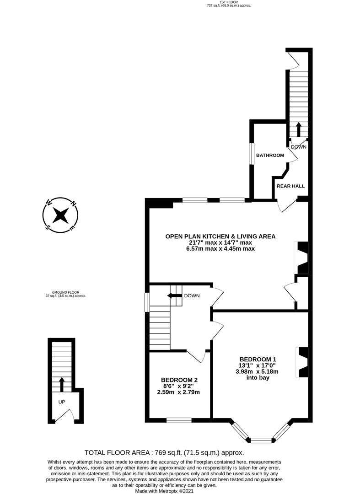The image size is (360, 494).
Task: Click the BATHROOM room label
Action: (x=269, y=156)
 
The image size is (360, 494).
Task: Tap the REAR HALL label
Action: (x=290, y=186)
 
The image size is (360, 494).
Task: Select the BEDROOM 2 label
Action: (x=179, y=380)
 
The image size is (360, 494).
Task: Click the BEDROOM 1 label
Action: (x=258, y=359)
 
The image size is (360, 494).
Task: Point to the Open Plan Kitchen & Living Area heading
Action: (x=220, y=236)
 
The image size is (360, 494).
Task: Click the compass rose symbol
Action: (x=60, y=215)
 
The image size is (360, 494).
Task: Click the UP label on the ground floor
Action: (x=62, y=402)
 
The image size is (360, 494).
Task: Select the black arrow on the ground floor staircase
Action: (x=62, y=383)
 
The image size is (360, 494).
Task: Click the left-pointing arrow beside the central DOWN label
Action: (x=174, y=296)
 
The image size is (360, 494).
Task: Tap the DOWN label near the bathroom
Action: (x=299, y=147)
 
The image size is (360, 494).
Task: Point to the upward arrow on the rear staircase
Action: (x=298, y=129)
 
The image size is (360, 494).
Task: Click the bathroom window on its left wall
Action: (x=251, y=154)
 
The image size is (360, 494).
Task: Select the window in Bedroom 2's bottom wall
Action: (x=178, y=420)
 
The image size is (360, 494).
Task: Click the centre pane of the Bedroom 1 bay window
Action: (x=261, y=440)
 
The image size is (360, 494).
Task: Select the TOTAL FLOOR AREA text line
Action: (x=180, y=453)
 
